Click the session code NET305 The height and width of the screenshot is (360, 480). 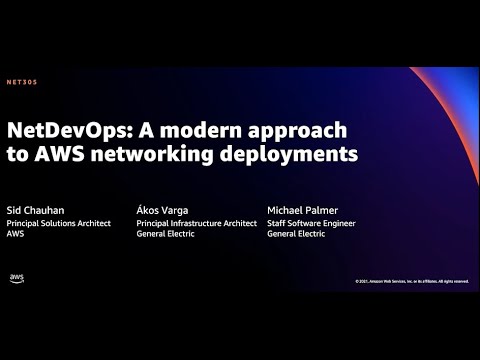pos(21,82)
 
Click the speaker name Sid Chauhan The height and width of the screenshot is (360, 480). pos(35,209)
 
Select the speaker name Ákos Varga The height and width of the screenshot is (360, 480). pos(163,209)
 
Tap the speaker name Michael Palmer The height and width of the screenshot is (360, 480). pos(304,209)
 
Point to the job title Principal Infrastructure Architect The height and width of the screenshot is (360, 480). pos(197,224)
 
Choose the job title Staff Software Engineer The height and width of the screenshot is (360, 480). pos(311,224)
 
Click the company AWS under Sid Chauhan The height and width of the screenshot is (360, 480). pos(16,236)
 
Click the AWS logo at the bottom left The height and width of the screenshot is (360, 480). pos(16,278)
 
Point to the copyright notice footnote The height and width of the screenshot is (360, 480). pos(411,281)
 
